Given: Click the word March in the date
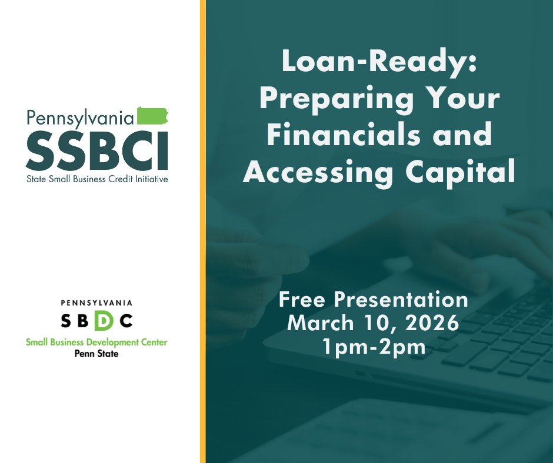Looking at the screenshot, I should click(321, 323).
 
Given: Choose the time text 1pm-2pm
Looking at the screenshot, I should click(374, 346).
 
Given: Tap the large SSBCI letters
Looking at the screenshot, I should click(97, 149).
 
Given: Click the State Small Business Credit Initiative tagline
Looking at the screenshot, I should click(96, 178).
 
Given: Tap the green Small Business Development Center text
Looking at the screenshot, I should click(96, 342).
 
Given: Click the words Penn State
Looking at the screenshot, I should click(96, 354).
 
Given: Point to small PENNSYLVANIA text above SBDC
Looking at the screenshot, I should click(96, 303).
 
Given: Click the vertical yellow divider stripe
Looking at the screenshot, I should click(202, 235).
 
